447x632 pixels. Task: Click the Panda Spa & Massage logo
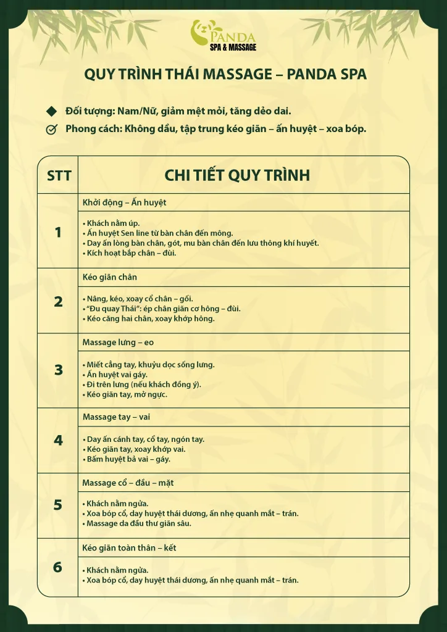coord(223,35)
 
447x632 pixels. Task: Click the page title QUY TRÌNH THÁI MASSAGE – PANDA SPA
coord(225,75)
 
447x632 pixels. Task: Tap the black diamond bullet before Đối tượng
coord(51,111)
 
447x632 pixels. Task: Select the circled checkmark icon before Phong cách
coord(51,130)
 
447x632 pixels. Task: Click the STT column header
coord(59,175)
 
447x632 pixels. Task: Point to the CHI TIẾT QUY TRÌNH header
coord(237,175)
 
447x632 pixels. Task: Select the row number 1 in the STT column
coord(59,233)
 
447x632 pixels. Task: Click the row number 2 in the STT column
coord(59,302)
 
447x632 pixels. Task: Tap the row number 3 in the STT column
coord(59,370)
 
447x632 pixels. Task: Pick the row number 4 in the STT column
coord(59,440)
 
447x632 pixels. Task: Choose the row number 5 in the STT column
coord(58,505)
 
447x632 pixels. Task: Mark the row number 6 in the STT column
coord(58,567)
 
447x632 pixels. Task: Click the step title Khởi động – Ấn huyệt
coord(124,202)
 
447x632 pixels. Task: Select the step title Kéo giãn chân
coord(110,277)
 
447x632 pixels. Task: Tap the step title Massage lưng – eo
coord(118,342)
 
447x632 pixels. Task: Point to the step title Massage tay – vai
coord(116,417)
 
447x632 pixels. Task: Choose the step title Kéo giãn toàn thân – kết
coord(130,547)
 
